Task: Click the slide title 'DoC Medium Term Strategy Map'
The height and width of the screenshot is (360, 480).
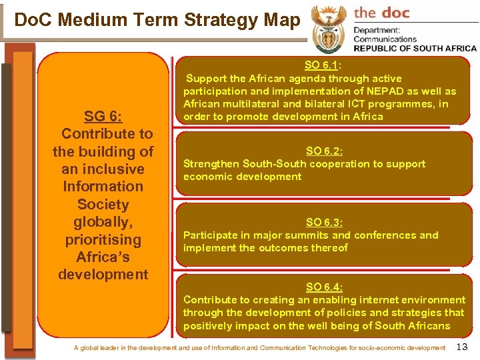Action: click(x=157, y=20)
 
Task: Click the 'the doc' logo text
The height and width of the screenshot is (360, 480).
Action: click(x=381, y=13)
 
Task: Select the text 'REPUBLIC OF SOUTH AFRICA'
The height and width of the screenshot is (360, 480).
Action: click(x=415, y=48)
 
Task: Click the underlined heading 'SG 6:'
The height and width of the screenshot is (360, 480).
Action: click(x=103, y=117)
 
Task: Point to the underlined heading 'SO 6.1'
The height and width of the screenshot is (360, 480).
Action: click(x=321, y=65)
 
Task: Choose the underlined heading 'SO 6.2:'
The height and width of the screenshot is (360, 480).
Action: click(x=324, y=151)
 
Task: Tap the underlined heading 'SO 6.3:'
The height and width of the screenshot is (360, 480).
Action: click(x=324, y=223)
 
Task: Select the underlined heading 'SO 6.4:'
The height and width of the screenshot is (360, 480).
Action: click(x=324, y=287)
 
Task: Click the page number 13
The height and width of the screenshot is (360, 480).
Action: click(x=463, y=347)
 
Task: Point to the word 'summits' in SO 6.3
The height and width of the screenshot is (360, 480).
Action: click(x=309, y=235)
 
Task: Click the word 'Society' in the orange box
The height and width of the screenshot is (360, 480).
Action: click(x=103, y=205)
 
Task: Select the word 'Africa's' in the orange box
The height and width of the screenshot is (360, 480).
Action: click(x=103, y=257)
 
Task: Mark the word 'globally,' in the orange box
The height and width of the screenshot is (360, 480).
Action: click(x=103, y=222)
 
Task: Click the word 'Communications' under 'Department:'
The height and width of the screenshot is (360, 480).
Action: click(x=386, y=39)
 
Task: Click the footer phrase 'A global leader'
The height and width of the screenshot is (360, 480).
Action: click(x=99, y=348)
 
